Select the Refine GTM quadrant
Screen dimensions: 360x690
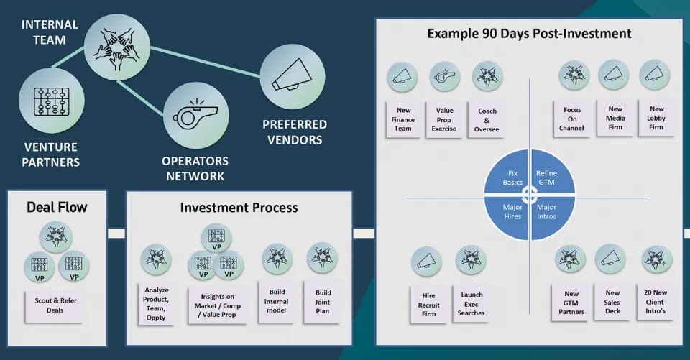tap(548, 177)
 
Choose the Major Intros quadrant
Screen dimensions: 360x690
tap(547, 212)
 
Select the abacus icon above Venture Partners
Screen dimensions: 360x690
tap(52, 101)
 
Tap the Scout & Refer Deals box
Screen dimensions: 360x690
tap(55, 305)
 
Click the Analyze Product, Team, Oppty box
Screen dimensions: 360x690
tap(156, 303)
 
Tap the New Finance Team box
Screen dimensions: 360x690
tap(403, 119)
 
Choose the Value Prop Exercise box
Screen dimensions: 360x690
tap(444, 119)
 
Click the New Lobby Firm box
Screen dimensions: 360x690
tap(656, 118)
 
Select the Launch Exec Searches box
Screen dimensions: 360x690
tap(471, 303)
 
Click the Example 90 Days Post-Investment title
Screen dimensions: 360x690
tap(529, 34)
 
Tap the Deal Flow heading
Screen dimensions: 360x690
tap(57, 208)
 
